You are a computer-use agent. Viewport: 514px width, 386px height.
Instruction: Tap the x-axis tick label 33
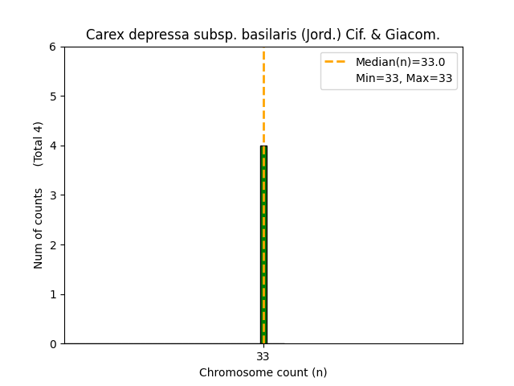pyautogui.click(x=263, y=356)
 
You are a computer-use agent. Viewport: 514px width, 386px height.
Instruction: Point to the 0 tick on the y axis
pyautogui.click(x=52, y=344)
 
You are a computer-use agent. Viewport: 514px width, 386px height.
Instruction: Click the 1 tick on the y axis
pyautogui.click(x=52, y=294)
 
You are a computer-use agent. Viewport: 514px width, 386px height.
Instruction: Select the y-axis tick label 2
pyautogui.click(x=52, y=244)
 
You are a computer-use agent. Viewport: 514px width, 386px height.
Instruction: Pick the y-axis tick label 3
pyautogui.click(x=52, y=195)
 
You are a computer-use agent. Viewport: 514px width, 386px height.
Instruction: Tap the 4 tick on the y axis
pyautogui.click(x=52, y=146)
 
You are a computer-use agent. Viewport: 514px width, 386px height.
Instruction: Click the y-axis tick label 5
pyautogui.click(x=52, y=96)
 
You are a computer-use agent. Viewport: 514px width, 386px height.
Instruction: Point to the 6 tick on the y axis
pyautogui.click(x=52, y=47)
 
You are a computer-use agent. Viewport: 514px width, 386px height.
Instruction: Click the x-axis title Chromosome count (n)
pyautogui.click(x=263, y=372)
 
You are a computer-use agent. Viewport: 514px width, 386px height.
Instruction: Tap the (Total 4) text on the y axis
pyautogui.click(x=39, y=144)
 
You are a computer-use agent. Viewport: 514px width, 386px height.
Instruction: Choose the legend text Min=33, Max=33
pyautogui.click(x=404, y=78)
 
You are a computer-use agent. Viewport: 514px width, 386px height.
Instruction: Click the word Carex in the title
pyautogui.click(x=103, y=35)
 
